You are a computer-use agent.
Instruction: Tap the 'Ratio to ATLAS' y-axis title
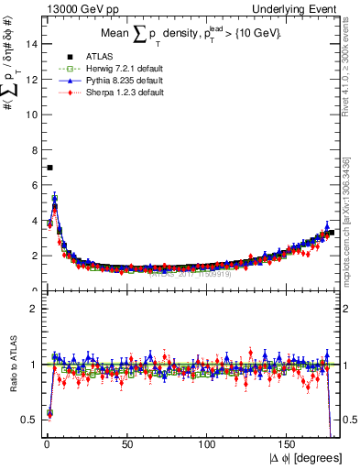11,365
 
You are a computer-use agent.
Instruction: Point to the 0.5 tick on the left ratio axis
28,419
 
